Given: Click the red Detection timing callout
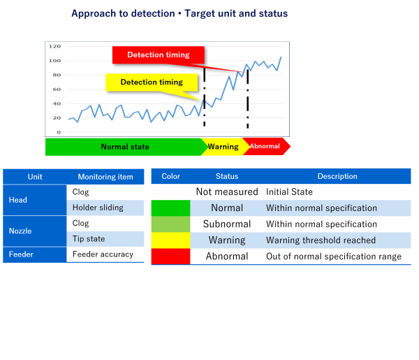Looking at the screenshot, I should click(x=160, y=55).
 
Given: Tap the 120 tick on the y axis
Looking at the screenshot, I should click(x=54, y=46).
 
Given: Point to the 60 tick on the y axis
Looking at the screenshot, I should click(x=57, y=89).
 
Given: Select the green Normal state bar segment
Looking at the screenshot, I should click(x=124, y=147).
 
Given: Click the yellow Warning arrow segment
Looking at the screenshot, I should click(x=223, y=147).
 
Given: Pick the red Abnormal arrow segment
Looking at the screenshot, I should click(x=265, y=147).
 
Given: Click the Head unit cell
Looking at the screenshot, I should click(x=18, y=200).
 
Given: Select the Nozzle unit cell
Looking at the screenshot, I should click(x=21, y=231).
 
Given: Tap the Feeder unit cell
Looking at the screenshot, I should click(x=21, y=254).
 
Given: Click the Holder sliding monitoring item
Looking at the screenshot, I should click(x=98, y=208).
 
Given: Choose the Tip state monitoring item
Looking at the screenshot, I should click(x=89, y=239).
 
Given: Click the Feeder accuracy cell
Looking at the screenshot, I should click(x=103, y=254).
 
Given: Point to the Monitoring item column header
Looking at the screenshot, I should click(x=105, y=177).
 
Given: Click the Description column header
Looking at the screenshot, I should click(x=337, y=177).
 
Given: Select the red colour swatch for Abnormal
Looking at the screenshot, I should click(x=171, y=257).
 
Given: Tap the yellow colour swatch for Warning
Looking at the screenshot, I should click(x=171, y=240).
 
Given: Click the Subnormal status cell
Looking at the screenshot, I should click(x=227, y=224).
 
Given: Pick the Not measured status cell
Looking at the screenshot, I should click(x=227, y=192).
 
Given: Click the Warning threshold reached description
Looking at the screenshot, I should click(x=321, y=240).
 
